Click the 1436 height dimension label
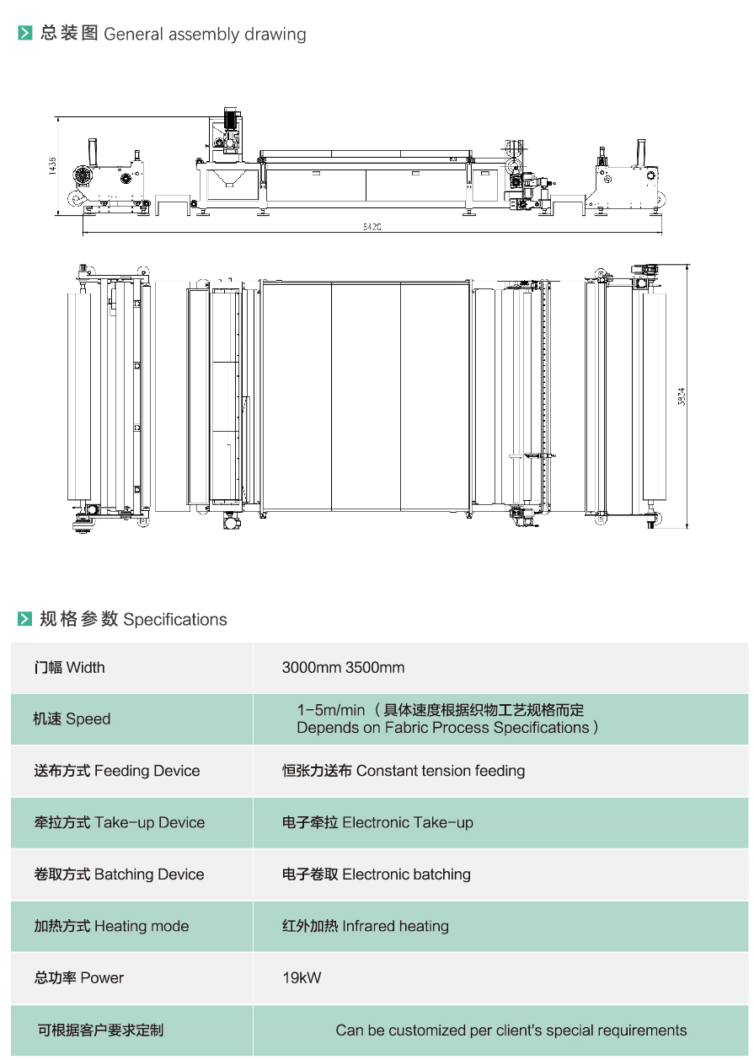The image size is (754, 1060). click(52, 165)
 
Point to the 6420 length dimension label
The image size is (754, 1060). click(372, 228)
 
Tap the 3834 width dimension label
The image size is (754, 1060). click(682, 396)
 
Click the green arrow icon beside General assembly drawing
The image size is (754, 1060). click(25, 34)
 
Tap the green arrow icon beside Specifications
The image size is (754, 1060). click(25, 619)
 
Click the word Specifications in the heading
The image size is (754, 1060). click(175, 620)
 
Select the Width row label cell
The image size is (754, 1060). click(70, 668)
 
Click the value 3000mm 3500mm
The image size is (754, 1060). click(343, 668)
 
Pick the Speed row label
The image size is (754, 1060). click(72, 719)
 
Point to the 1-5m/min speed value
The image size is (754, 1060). click(331, 710)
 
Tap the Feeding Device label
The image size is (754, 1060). click(117, 771)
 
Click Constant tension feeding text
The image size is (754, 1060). click(441, 771)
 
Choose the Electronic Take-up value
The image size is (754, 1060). click(408, 823)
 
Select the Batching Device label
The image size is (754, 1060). click(119, 874)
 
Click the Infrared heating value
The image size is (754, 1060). click(395, 926)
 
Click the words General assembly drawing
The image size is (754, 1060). click(205, 35)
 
